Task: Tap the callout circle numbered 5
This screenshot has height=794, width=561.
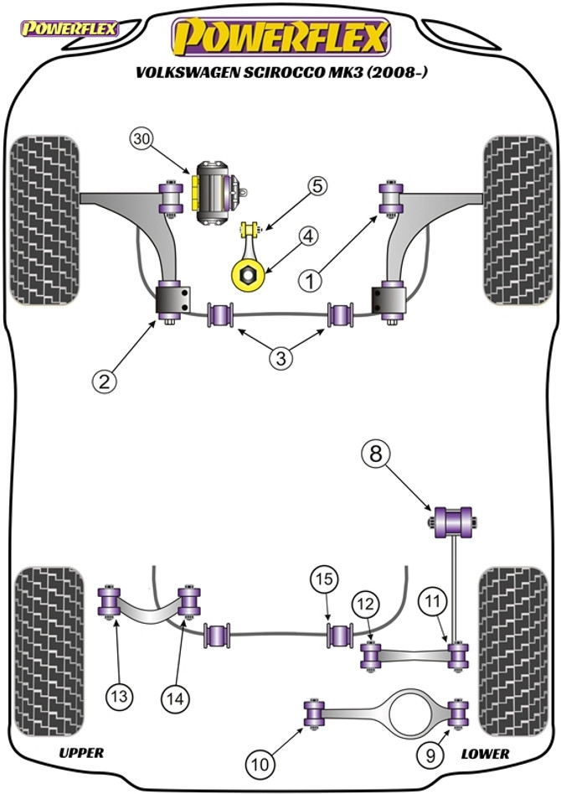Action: [319, 187]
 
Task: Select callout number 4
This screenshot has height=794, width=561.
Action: [308, 238]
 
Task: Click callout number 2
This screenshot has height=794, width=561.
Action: [104, 382]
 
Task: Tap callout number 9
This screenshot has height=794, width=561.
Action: [430, 756]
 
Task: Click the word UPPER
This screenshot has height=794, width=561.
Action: [81, 752]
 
